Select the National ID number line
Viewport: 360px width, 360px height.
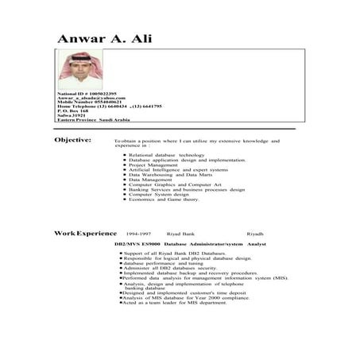[x=87, y=94]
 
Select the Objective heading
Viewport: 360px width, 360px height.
[x=73, y=140]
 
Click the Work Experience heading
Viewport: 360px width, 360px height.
[x=85, y=234]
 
